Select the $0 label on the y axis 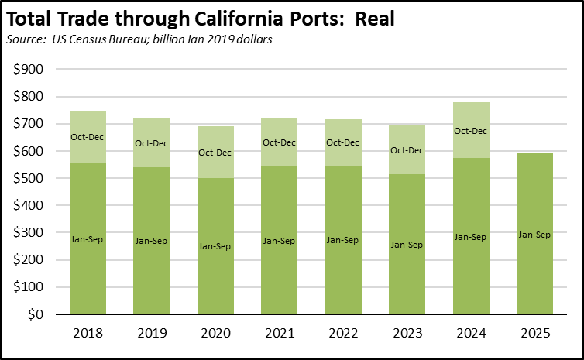(x=36, y=315)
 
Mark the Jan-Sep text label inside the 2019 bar (x=152, y=241)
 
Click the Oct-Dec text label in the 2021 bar (x=280, y=142)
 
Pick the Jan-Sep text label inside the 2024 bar (x=470, y=237)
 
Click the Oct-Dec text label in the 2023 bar (x=407, y=150)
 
